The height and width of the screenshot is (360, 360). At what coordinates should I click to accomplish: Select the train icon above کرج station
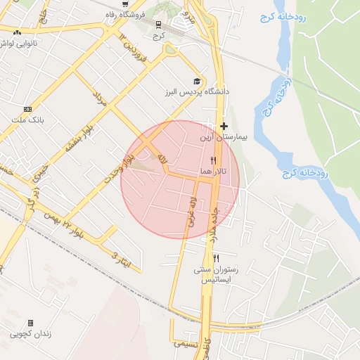159,24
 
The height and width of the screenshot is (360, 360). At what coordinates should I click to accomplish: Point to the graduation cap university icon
196,81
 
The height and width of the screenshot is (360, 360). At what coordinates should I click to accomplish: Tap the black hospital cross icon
224,127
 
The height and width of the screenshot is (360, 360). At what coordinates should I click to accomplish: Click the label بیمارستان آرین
224,138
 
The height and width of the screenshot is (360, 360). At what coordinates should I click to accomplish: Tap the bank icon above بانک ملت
28,109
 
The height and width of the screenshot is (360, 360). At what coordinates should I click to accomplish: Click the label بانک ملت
28,120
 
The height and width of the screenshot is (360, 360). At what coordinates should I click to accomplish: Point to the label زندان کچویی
30,334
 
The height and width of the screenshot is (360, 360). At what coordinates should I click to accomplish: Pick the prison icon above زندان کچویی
30,323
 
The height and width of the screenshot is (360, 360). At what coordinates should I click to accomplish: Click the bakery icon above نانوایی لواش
17,32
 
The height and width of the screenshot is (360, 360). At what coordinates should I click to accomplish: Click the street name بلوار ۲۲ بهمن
70,226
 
